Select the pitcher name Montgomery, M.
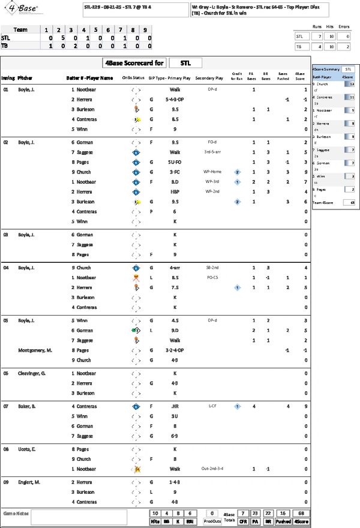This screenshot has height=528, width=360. [x=35, y=350]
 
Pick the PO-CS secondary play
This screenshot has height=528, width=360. [x=212, y=278]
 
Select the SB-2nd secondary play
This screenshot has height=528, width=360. [x=212, y=268]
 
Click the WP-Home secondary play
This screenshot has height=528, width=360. [x=212, y=172]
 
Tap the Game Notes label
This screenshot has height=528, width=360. [x=16, y=514]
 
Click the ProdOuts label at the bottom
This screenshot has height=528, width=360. [x=212, y=521]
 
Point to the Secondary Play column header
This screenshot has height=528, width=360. [x=209, y=78]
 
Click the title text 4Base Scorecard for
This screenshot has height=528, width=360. [x=131, y=63]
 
